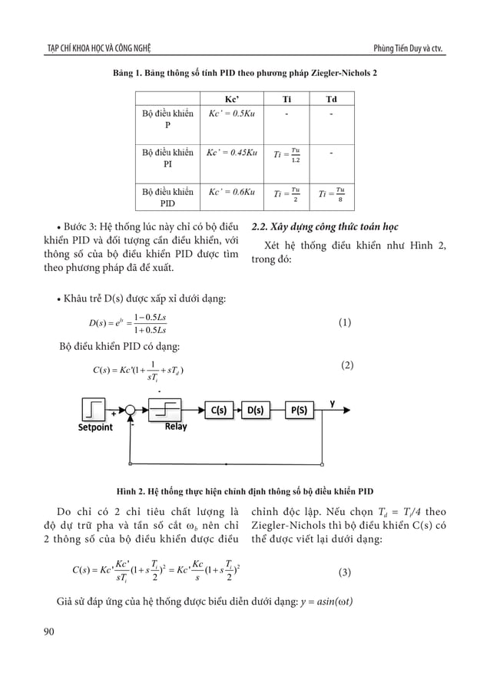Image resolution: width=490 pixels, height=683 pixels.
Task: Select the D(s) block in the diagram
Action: point(257,410)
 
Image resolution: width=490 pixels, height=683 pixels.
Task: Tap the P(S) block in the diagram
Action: point(300,410)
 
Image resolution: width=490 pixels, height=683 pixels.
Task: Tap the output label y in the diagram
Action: point(333,402)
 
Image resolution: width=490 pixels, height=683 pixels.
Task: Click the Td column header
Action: point(331,99)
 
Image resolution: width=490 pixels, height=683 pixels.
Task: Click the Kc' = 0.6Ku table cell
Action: point(231,190)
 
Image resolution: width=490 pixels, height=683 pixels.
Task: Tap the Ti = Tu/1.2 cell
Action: point(287,155)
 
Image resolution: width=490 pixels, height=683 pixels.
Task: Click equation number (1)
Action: point(345,323)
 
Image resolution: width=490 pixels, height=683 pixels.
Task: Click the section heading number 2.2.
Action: point(260,227)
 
